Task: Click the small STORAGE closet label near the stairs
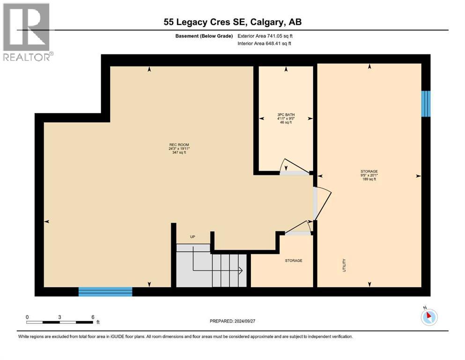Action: coord(294,261)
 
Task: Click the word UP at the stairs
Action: coord(192,237)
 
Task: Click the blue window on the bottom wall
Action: coord(105,292)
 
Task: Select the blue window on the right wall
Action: coord(426,104)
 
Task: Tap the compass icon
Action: coord(428,317)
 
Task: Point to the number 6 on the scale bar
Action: coord(93,317)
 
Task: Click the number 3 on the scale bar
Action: coord(60,317)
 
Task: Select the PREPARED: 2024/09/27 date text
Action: coord(233,321)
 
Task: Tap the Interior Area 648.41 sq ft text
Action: coord(265,44)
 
